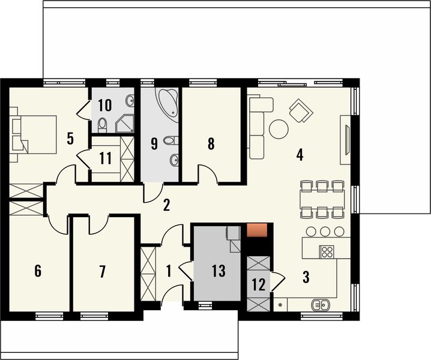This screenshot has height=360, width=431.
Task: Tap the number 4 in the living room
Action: pos(299,155)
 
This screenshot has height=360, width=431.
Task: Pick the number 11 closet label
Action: pos(106,159)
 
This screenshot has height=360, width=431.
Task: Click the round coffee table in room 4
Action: pos(278,128)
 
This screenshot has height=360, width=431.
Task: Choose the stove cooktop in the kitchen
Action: pos(327,251)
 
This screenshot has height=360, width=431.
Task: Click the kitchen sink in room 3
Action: pos(320,305)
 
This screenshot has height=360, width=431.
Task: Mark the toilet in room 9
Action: pos(171,141)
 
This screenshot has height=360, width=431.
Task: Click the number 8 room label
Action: pos(211,144)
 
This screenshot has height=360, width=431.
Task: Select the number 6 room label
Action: pos(38,271)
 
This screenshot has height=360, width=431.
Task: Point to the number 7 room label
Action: pos(102,271)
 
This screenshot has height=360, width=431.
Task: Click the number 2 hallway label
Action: pos(166,205)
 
